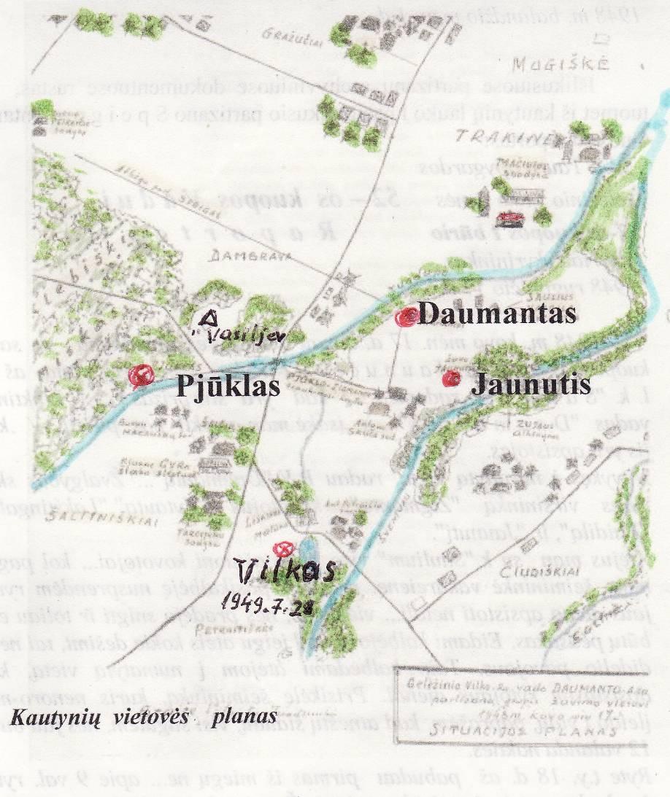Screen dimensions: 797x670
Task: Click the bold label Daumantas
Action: tap(498, 315)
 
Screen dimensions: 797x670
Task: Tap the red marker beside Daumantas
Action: tap(405, 316)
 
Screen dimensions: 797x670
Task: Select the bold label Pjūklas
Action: tap(228, 384)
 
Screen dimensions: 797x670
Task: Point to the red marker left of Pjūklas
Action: tap(139, 376)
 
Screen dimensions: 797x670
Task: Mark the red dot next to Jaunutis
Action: tap(452, 378)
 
